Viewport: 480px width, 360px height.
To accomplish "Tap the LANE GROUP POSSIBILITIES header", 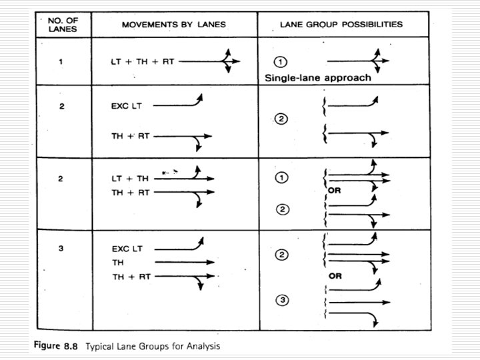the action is click(340, 24).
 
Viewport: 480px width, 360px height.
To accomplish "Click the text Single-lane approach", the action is click(318, 77).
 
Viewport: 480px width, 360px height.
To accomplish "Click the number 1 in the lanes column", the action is click(61, 61).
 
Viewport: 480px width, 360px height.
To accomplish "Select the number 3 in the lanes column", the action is click(61, 248).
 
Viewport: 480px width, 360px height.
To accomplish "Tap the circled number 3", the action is click(282, 301).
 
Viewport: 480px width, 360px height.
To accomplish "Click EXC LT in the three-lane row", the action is click(127, 249).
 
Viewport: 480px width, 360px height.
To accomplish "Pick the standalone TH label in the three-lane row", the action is click(117, 263).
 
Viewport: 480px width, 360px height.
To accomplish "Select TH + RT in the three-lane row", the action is click(131, 276).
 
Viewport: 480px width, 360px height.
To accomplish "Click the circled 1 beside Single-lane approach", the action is click(281, 61).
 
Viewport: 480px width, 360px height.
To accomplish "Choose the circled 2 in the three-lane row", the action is click(282, 255).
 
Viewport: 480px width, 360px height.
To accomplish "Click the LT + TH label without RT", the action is click(131, 178).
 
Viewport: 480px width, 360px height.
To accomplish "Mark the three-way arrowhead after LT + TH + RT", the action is click(227, 61).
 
